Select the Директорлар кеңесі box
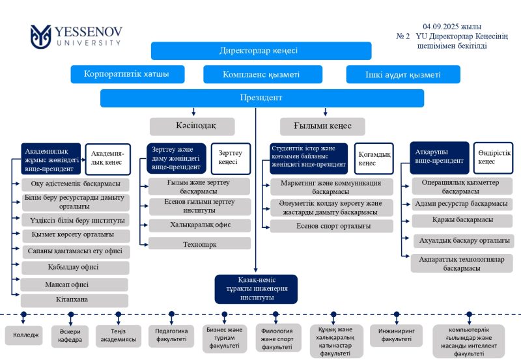tap(261, 51)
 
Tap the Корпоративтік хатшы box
tap(126, 74)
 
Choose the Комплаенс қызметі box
tap(261, 74)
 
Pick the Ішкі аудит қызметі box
tap(402, 74)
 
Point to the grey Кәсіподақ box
tap(192, 126)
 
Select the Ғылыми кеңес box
tap(322, 126)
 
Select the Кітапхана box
tap(76, 300)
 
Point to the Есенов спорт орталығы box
tap(331, 227)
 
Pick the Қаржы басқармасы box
tap(462, 221)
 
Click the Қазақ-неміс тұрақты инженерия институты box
tap(256, 289)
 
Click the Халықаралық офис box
tap(199, 225)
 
